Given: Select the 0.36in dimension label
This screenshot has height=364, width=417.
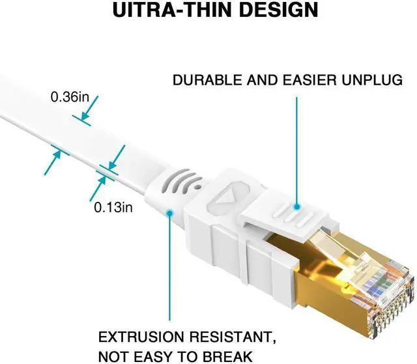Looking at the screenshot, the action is (70, 97).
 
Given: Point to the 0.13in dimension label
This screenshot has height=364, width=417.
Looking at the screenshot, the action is (113, 208).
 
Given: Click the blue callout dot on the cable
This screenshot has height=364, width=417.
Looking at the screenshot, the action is (170, 212).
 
